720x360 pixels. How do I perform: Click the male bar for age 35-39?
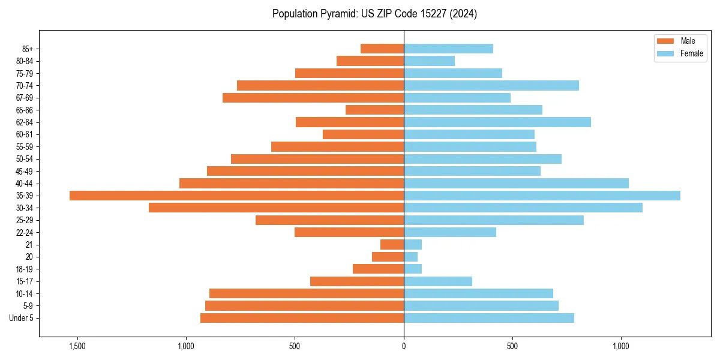236,196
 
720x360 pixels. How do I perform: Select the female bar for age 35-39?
542,196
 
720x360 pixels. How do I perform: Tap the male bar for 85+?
382,49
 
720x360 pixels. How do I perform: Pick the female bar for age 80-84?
429,61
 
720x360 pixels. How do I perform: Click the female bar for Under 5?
489,318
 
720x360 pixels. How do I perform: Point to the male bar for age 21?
392,245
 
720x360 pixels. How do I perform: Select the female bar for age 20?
410,257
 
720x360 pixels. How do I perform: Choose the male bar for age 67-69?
313,98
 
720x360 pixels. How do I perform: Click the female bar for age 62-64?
497,122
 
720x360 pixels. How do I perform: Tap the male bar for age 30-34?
276,208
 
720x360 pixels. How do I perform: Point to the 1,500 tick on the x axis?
77,346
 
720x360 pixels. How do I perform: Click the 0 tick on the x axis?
404,346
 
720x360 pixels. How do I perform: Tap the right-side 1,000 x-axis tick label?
621,346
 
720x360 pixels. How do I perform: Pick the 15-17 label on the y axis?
25,281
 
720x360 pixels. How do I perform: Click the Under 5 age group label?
21,318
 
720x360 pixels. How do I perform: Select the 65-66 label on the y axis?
25,110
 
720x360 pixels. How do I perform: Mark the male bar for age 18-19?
378,269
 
